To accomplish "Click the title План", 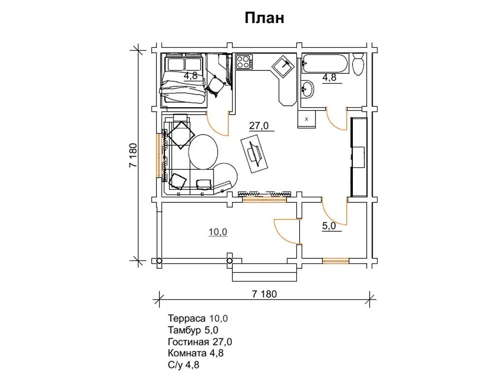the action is [264, 18].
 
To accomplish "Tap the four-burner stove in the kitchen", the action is [244, 62].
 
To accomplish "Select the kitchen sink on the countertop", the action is [283, 66].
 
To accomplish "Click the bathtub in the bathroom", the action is [325, 63].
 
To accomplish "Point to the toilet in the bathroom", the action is [358, 64].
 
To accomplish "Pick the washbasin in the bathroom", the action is [307, 89].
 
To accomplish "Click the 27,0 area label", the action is [259, 126].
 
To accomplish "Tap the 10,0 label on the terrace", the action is [218, 232].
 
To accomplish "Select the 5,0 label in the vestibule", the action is [329, 226].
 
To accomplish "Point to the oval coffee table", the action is [203, 152].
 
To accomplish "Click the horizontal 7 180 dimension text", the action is [264, 294].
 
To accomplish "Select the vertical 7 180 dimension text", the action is [133, 155].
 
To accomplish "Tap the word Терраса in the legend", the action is [187, 318].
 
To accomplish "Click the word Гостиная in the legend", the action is [189, 342].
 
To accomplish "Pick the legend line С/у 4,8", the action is [184, 365].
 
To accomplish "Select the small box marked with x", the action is [306, 119].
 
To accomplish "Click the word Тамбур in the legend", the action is [185, 330].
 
